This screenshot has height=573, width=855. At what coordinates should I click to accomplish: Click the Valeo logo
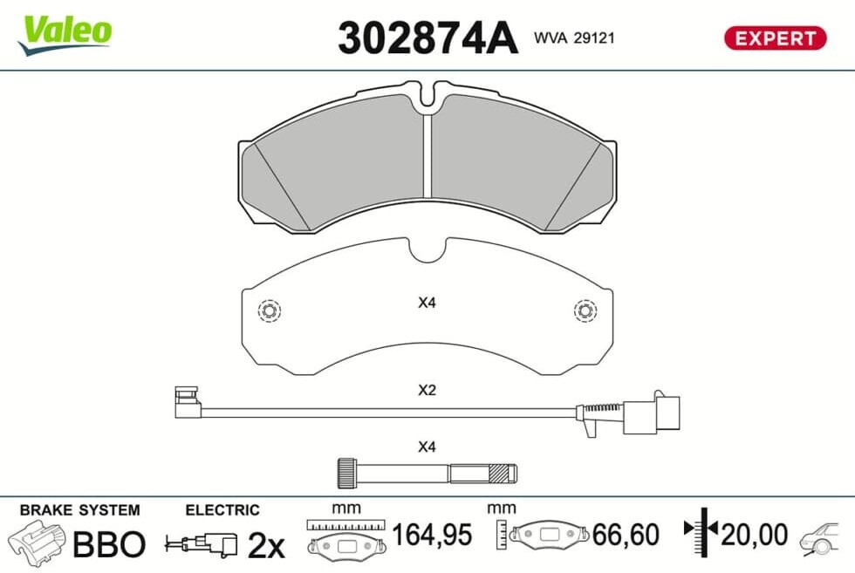[x=65, y=34]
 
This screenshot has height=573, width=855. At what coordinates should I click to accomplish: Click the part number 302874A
[x=427, y=38]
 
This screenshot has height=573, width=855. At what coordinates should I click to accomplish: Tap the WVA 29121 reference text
[x=574, y=38]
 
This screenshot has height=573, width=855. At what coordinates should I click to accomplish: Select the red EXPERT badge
[x=775, y=38]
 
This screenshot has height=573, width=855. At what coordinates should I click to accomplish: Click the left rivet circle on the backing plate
[x=269, y=310]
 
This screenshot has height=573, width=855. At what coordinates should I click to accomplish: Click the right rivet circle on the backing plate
[x=585, y=310]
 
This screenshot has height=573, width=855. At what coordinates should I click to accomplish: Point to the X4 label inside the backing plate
[x=427, y=303]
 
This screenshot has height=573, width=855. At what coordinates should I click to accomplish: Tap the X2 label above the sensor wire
[x=427, y=391]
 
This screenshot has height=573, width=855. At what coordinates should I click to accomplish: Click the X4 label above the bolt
[x=427, y=447]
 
